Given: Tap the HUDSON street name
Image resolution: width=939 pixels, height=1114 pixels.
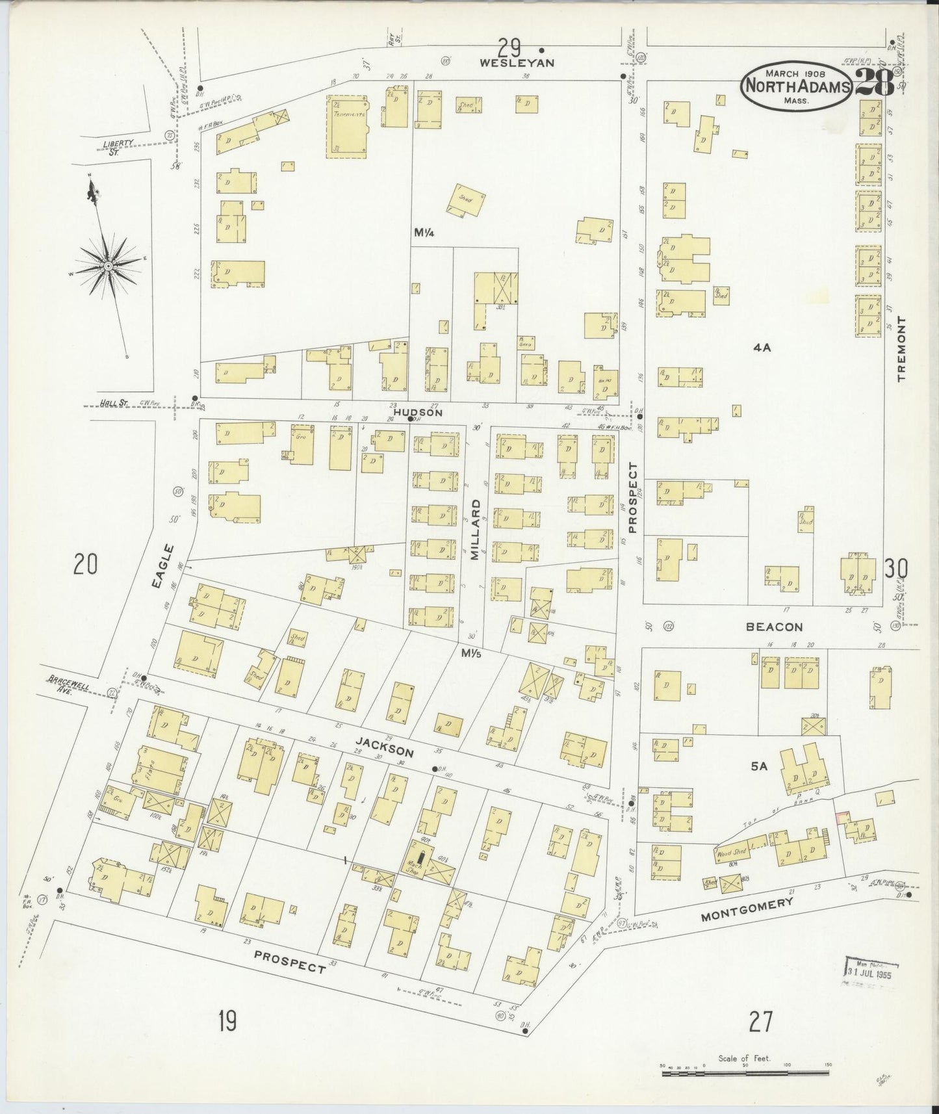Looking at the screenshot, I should [418, 412].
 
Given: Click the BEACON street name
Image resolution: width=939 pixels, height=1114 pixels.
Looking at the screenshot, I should [774, 627].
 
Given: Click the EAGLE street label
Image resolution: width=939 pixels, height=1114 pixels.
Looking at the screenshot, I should [164, 567].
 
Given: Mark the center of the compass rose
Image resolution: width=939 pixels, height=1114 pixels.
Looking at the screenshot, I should [108, 265].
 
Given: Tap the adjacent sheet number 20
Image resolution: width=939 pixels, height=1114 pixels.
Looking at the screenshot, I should [85, 564].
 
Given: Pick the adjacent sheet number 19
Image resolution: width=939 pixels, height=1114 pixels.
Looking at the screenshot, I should [227, 1022].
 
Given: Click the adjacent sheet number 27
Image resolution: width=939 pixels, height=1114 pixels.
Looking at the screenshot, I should [760, 1022].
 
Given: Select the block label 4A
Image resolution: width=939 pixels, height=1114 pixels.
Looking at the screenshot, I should [762, 348].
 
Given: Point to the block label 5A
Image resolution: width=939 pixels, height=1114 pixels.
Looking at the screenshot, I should [759, 767].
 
